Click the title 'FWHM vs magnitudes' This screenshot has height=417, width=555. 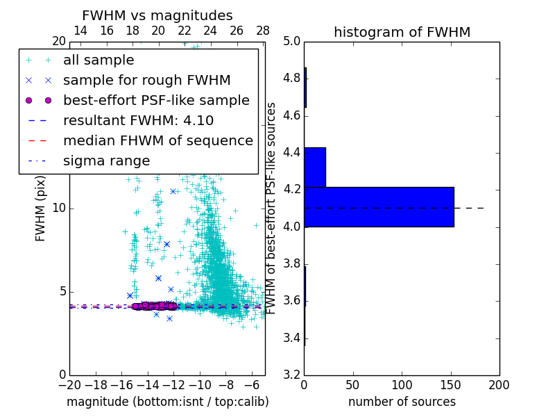(157, 15)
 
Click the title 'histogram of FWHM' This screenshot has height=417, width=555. (402, 32)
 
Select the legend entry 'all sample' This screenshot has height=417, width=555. (99, 60)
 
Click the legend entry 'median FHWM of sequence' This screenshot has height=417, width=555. (157, 141)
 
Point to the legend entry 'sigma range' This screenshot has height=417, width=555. (106, 161)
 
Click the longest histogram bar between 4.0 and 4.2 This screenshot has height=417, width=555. (379, 207)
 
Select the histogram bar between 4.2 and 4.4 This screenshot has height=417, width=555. (315, 167)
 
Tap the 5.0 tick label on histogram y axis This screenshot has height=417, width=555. (292, 41)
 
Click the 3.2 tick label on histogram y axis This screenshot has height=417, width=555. (292, 375)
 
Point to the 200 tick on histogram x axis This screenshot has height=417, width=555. (499, 385)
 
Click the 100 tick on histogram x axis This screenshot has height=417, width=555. (402, 385)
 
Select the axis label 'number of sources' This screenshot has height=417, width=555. (402, 402)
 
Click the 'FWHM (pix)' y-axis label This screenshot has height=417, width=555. (41, 208)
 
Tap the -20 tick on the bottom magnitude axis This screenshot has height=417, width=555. (69, 385)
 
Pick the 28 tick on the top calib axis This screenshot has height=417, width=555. (263, 31)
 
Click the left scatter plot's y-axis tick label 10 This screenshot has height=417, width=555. (59, 208)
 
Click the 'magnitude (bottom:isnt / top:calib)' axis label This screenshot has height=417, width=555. (167, 402)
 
